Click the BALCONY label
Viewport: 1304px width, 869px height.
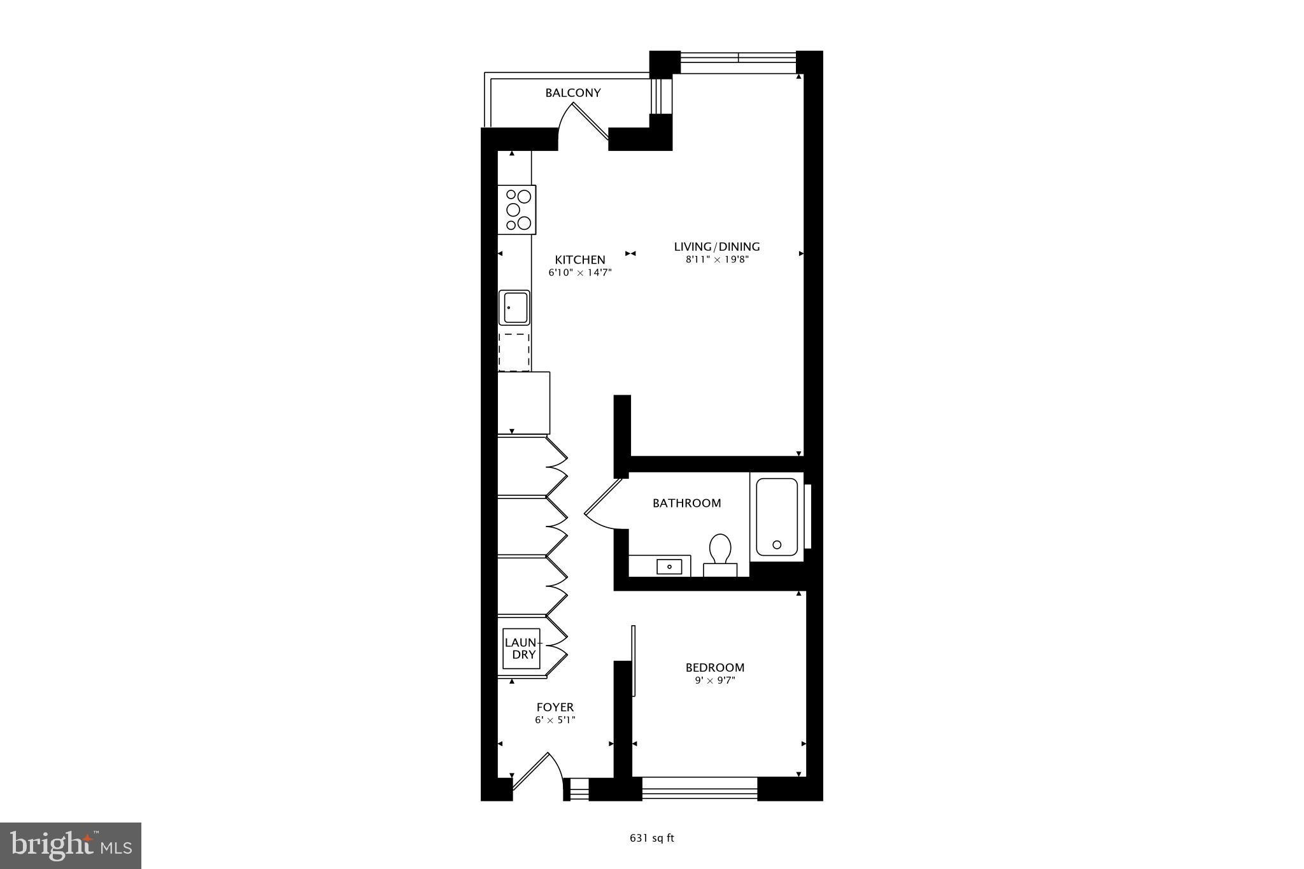pyautogui.click(x=572, y=93)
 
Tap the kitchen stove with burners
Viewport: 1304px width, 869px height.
pyautogui.click(x=517, y=209)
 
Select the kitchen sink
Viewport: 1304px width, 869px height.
pyautogui.click(x=514, y=307)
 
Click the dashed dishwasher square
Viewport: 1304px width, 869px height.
pyautogui.click(x=514, y=352)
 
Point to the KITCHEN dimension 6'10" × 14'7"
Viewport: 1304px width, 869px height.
pyautogui.click(x=580, y=272)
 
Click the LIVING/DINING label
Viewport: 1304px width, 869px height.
pyautogui.click(x=717, y=246)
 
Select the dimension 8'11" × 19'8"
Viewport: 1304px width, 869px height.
pyautogui.click(x=717, y=259)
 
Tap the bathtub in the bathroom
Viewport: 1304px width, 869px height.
pyautogui.click(x=777, y=517)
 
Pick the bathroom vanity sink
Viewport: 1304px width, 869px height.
pyautogui.click(x=669, y=566)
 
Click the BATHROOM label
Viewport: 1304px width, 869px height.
pyautogui.click(x=686, y=503)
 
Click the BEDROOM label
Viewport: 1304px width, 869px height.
pyautogui.click(x=714, y=667)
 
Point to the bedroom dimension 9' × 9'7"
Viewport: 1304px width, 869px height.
pyautogui.click(x=714, y=681)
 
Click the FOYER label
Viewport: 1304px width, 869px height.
pyautogui.click(x=555, y=707)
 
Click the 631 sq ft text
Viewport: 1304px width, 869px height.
pyautogui.click(x=651, y=838)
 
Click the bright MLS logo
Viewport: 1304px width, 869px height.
pyautogui.click(x=71, y=845)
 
